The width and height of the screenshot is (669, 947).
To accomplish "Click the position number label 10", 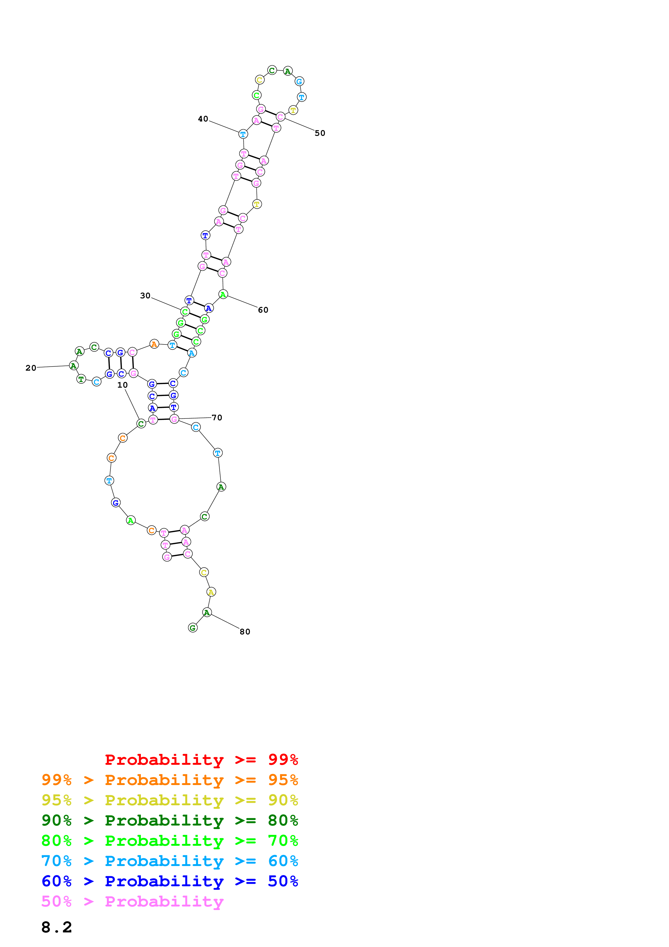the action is click(x=123, y=385).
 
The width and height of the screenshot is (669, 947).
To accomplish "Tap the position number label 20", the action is click(x=31, y=368).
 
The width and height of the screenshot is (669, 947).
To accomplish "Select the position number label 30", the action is click(x=145, y=296).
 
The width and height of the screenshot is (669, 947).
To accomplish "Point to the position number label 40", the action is click(x=203, y=119).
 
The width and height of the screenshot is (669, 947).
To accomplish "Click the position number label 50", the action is click(x=320, y=133).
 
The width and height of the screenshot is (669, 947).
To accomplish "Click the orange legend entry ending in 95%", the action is click(x=169, y=780).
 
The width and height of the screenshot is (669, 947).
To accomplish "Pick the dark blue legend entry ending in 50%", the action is click(x=169, y=881).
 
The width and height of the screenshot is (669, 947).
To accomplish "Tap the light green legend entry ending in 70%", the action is click(x=169, y=841).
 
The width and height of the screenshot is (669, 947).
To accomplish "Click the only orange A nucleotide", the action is click(x=154, y=344).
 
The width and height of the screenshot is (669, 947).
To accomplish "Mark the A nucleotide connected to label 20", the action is click(x=73, y=366).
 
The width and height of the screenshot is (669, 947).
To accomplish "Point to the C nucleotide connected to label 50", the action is click(x=280, y=117).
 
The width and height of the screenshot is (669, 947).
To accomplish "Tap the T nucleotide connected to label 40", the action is click(x=243, y=134).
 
